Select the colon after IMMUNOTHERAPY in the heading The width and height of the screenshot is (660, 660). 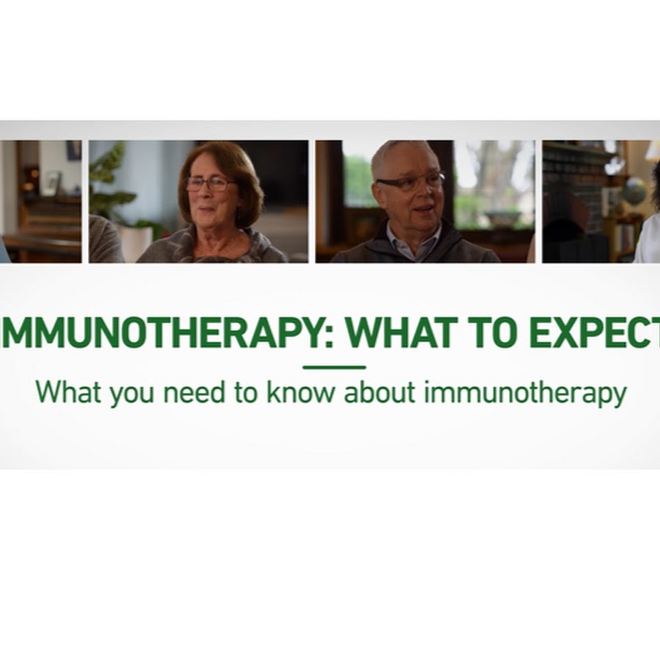coord(329,337)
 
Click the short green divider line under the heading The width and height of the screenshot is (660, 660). coord(334,367)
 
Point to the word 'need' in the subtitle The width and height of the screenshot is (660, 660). coord(194,392)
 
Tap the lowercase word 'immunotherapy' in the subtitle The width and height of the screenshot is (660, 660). coord(525,394)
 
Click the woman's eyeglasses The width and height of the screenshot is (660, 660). coord(210,183)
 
